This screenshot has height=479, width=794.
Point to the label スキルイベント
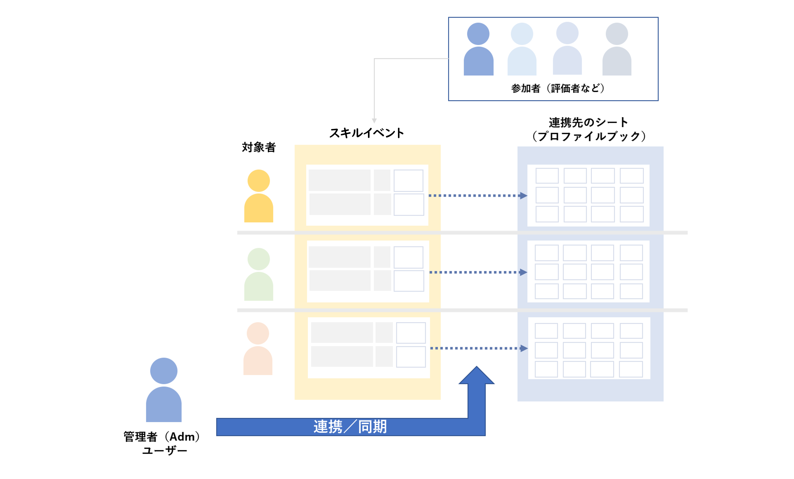(367, 133)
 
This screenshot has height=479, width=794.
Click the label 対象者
(259, 147)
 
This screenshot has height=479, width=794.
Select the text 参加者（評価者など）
(558, 88)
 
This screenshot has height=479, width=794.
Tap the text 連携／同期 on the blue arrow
(350, 427)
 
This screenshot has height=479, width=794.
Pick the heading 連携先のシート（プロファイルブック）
(588, 129)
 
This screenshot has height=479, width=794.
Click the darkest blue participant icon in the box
(478, 50)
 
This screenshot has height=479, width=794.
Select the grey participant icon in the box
(617, 50)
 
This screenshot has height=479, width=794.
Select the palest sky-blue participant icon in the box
(522, 50)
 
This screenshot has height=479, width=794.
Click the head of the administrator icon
(164, 371)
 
